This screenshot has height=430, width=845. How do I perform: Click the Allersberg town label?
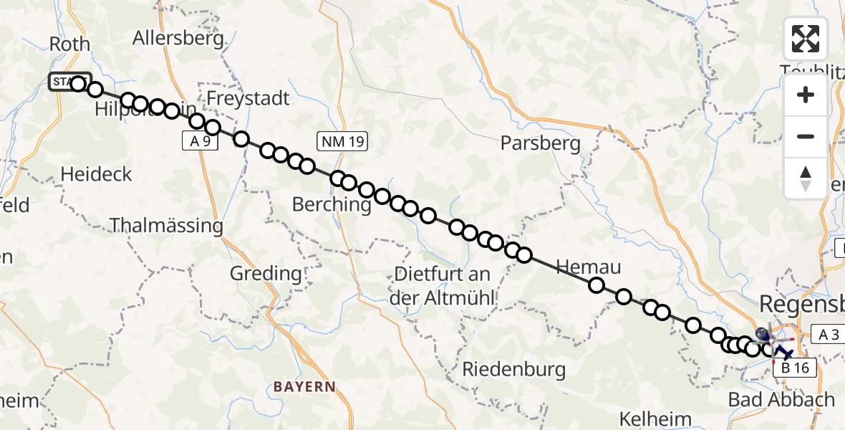click(178, 38)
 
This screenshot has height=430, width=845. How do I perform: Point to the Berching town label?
click(332, 204)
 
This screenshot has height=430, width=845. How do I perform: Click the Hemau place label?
click(588, 267)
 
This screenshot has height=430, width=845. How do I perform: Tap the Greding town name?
click(266, 273)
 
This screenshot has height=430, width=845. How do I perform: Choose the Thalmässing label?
click(167, 226)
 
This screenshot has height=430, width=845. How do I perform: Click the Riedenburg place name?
click(514, 370)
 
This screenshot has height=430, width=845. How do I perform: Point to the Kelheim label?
click(642, 419)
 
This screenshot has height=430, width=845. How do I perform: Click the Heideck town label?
click(97, 173)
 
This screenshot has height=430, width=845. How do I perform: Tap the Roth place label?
click(69, 44)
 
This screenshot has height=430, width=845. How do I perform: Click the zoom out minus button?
click(806, 137)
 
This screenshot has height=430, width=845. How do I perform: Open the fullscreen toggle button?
click(806, 39)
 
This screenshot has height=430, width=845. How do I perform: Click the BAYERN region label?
click(304, 386)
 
